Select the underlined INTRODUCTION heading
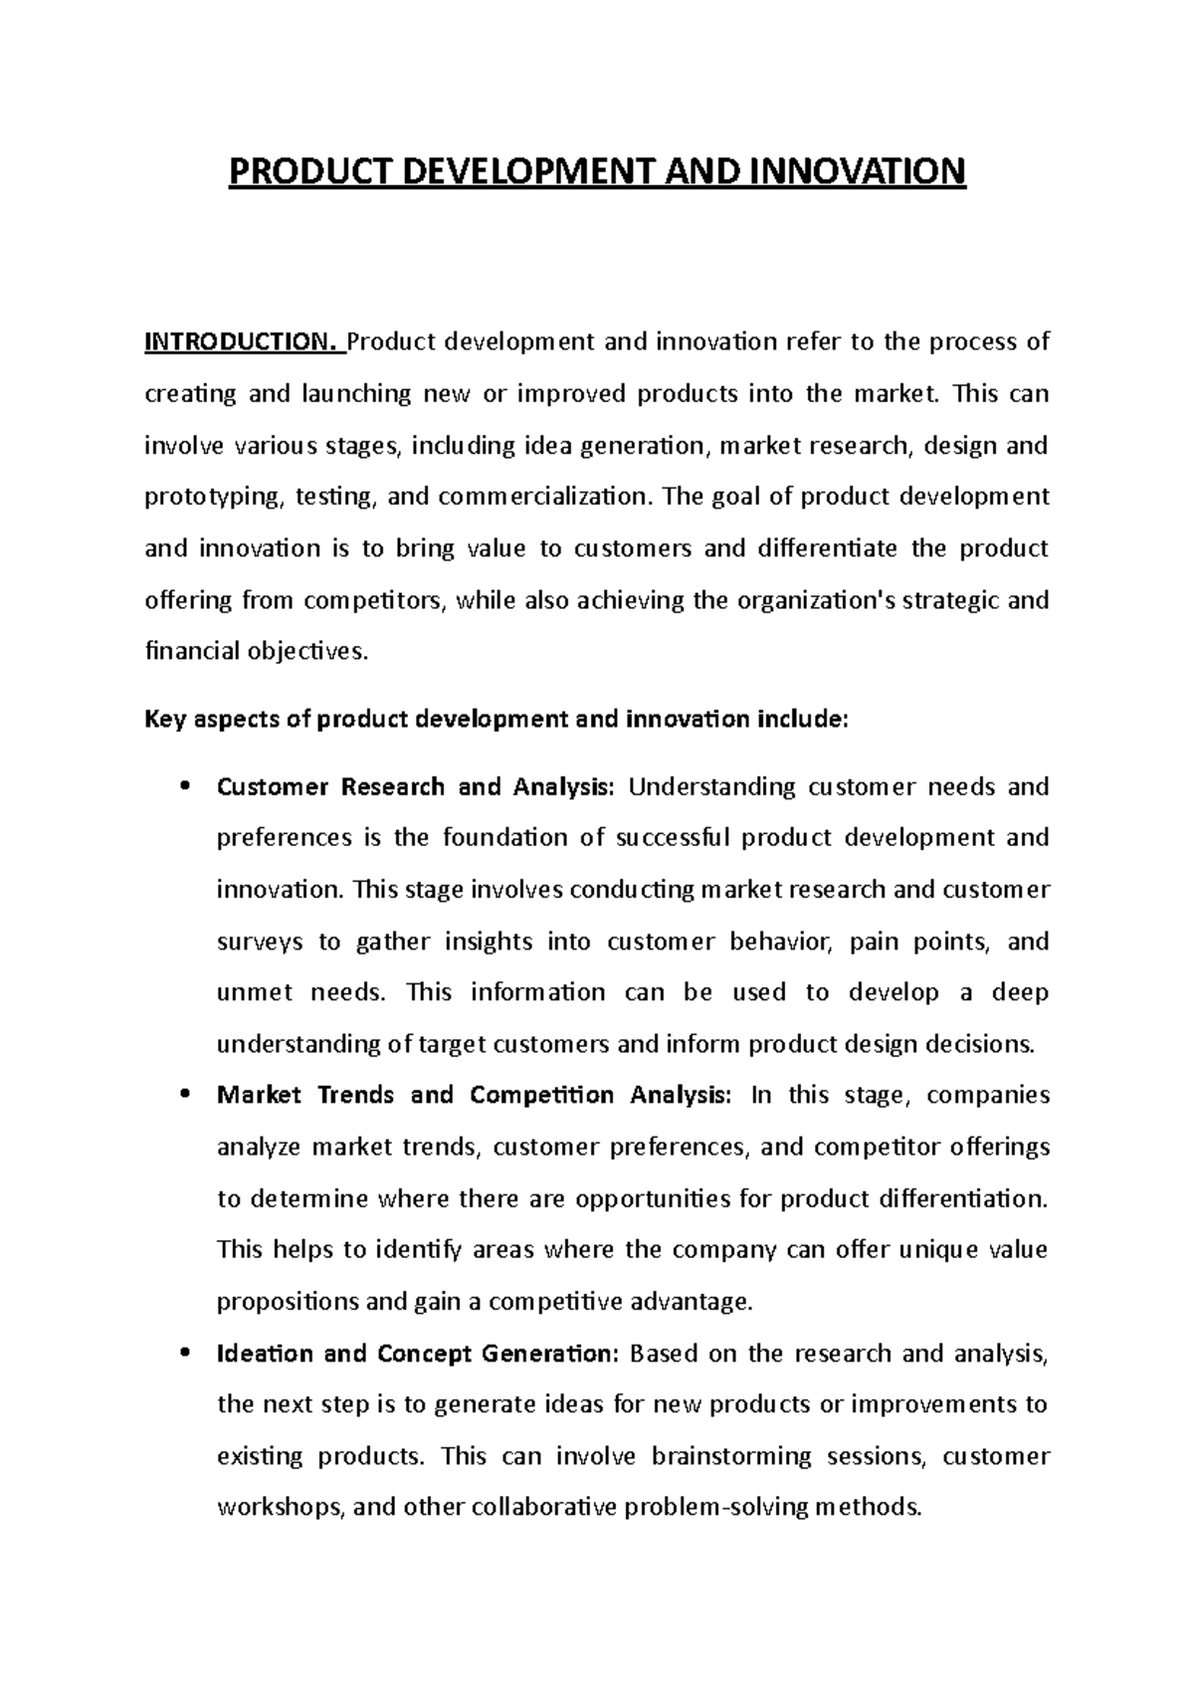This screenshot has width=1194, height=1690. click(x=241, y=342)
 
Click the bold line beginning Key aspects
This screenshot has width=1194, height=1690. click(x=497, y=720)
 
